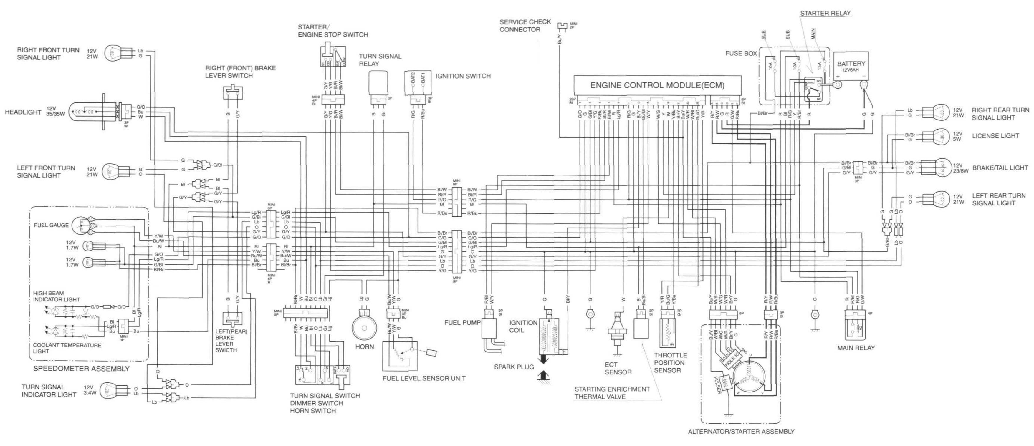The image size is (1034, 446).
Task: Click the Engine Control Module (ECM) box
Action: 657,85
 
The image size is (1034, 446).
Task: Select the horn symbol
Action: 364,328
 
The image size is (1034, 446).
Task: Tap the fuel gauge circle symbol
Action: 82,226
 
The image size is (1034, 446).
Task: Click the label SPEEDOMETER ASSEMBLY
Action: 81,369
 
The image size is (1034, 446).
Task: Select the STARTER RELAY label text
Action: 825,13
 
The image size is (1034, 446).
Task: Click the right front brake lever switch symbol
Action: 233,93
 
